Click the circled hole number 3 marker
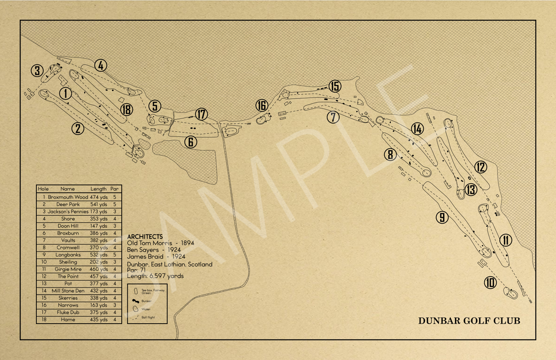[x=37, y=71]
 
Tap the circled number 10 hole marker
[x=491, y=282]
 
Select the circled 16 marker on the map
[x=261, y=106]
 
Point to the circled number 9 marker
[x=442, y=217]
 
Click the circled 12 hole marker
[x=481, y=167]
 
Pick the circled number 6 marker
[x=191, y=142]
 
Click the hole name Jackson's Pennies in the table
[x=68, y=212]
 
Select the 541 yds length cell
[x=99, y=204]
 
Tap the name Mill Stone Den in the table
[x=68, y=291]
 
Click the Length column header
[x=98, y=189]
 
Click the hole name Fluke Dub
[x=68, y=313]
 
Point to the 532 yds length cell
[x=99, y=254]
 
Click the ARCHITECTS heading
[x=145, y=236]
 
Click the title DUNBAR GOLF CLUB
[x=469, y=321]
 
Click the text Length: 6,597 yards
[x=155, y=276]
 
